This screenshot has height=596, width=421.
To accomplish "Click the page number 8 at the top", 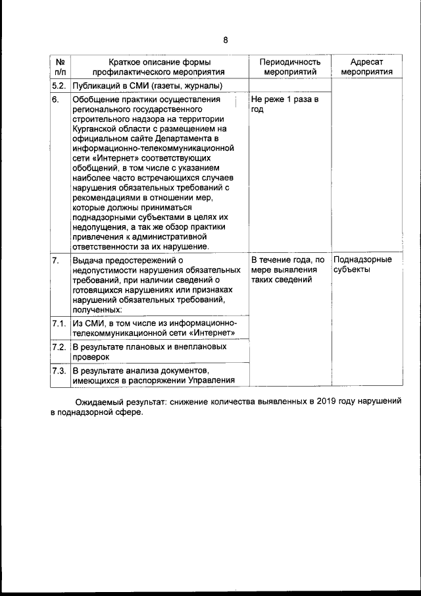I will click(x=225, y=40).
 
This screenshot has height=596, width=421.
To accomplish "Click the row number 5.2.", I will click(x=59, y=86).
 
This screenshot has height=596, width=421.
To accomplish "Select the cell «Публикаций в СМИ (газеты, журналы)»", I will click(x=147, y=86).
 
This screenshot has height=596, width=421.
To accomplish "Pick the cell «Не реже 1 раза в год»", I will click(x=285, y=105).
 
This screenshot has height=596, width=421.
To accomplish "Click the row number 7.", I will click(x=56, y=259).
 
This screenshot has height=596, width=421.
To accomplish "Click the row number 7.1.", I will click(x=59, y=323).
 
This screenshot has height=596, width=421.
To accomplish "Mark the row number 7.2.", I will click(x=59, y=346).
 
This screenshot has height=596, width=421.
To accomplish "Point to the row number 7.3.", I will click(x=59, y=369).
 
